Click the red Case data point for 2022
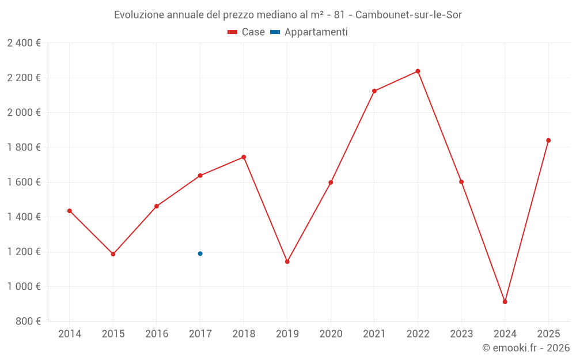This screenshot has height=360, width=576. [418, 71]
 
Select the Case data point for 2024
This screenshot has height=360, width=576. [505, 302]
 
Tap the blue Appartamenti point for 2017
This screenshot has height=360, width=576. [200, 253]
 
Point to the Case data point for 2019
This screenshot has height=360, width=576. [287, 262]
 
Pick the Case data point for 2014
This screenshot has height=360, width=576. [70, 211]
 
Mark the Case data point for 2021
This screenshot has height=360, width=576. [374, 91]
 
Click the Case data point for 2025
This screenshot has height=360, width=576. [548, 141]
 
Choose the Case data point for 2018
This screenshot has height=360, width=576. [244, 157]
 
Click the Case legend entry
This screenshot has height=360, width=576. [246, 32]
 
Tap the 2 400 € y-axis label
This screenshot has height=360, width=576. [24, 43]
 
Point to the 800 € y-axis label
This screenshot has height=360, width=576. [27, 321]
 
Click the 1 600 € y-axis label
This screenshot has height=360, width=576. [24, 182]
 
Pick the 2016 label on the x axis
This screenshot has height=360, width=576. [157, 334]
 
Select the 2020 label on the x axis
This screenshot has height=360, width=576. [331, 334]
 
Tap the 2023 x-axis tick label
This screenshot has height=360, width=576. [461, 334]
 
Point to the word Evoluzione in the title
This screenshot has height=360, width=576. [138, 14]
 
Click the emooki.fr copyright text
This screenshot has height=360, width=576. [525, 348]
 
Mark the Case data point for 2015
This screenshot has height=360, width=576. [113, 254]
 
